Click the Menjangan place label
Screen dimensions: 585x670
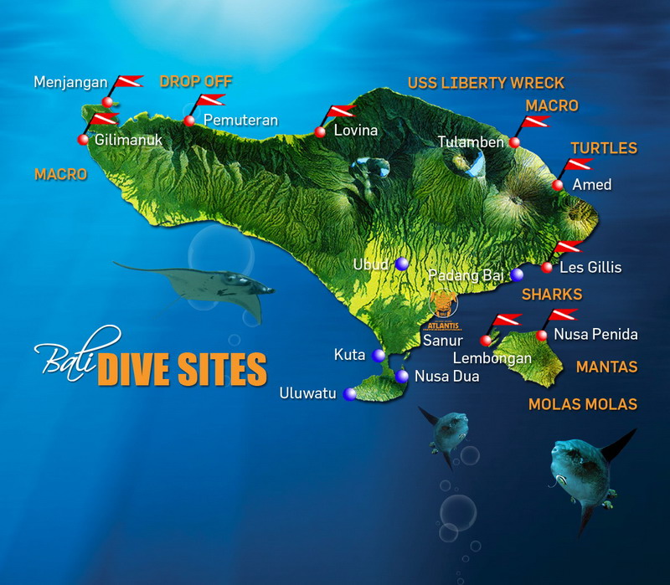coord(70,82)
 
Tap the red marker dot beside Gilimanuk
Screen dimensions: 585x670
coord(83,140)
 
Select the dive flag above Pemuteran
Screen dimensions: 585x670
coord(208,102)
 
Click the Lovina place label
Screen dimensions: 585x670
coord(355,131)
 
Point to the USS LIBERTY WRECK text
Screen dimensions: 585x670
coord(486,83)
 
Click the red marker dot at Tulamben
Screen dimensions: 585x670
coord(514,143)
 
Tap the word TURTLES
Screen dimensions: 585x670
coord(604,148)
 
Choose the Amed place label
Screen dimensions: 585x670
coord(591,184)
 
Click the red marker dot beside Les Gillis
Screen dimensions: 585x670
coord(547,268)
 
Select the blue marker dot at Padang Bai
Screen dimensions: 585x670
coord(517,275)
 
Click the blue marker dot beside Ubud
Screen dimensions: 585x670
coord(402,264)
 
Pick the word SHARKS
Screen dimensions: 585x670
coord(551,295)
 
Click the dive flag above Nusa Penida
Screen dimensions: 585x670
coord(563,316)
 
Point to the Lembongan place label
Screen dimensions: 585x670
coord(492,358)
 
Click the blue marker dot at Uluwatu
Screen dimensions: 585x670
coord(349,393)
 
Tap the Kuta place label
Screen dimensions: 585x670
coord(349,354)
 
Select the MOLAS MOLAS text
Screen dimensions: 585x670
coord(582,404)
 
